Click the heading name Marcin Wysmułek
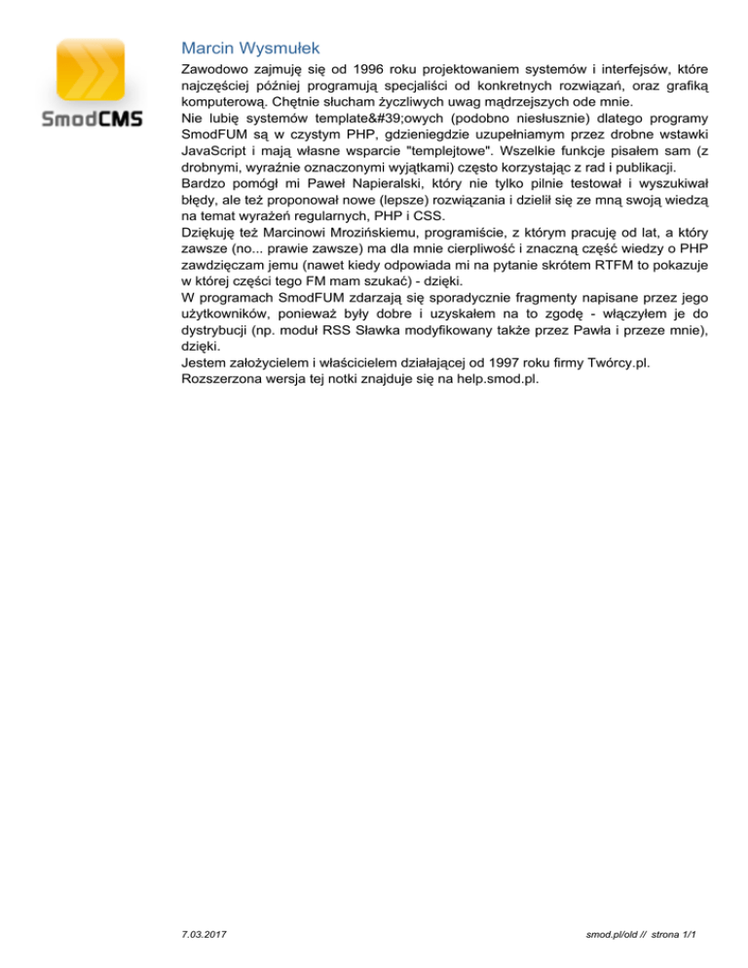(250, 47)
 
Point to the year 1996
(362, 70)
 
